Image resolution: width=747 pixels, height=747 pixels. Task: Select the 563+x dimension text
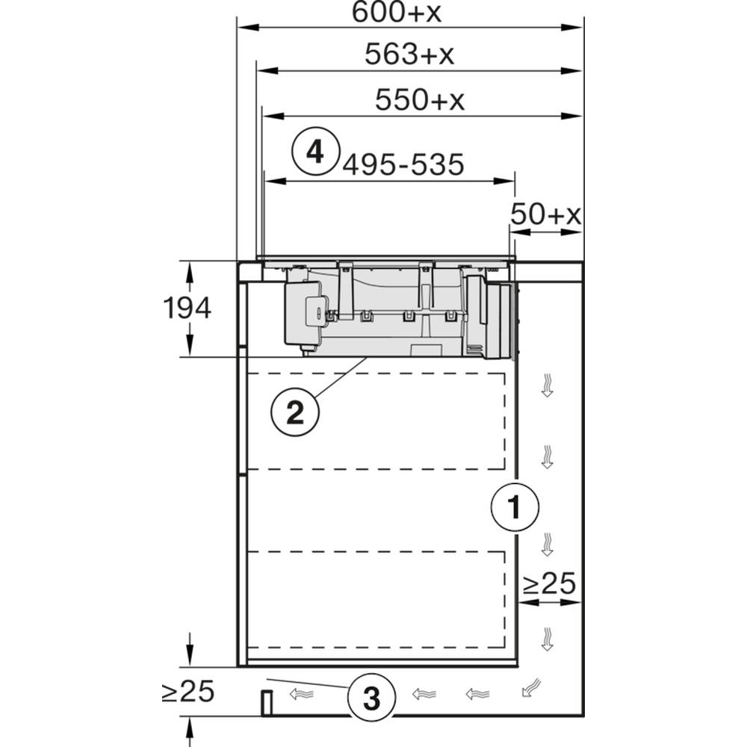409,54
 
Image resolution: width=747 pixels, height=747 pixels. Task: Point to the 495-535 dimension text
403,165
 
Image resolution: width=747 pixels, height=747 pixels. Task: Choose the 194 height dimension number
187,308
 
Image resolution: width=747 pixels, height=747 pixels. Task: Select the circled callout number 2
295,412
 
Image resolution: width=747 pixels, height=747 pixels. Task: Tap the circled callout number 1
515,507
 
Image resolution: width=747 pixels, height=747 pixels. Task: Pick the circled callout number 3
371,698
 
